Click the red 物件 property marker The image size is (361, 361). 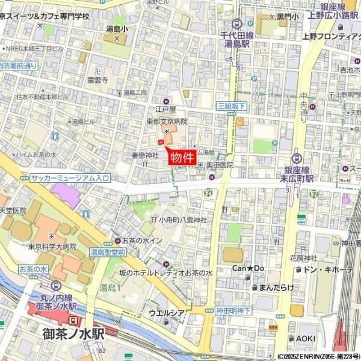[x=181, y=158]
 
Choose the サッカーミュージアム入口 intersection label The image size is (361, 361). [x=70, y=178]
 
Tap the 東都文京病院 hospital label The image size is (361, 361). [x=167, y=121]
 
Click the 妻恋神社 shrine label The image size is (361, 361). [x=144, y=156]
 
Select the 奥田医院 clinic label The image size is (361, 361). [x=220, y=164]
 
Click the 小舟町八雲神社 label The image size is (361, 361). [x=184, y=220]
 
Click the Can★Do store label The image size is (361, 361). [x=248, y=268]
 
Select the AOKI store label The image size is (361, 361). [x=305, y=339]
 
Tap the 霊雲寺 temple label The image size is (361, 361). [x=97, y=79]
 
